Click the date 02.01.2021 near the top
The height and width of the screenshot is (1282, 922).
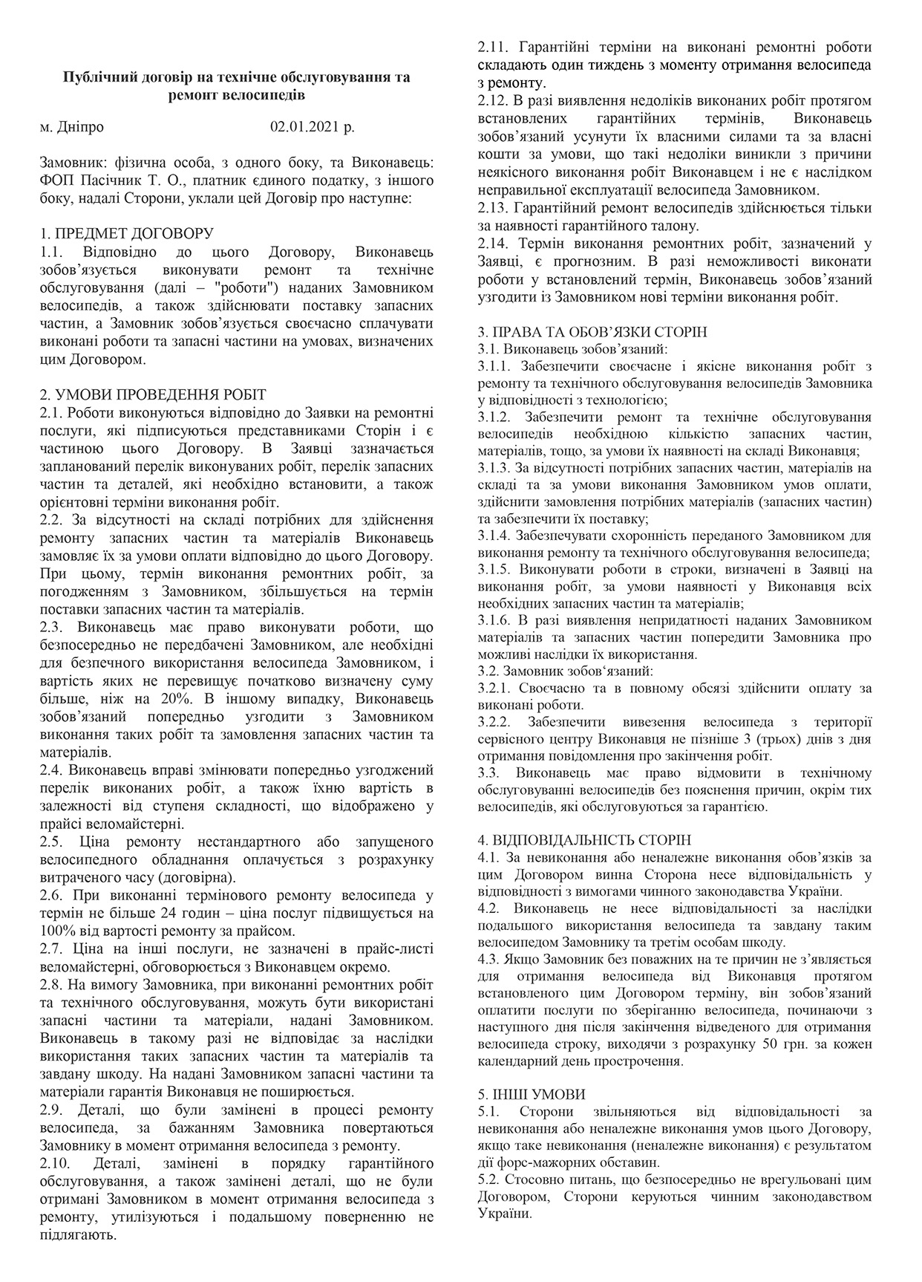coord(306,127)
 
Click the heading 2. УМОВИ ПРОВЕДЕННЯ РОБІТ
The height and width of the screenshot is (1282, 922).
coord(152,394)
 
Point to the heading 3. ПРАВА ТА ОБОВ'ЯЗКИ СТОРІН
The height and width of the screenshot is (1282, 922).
coord(592,331)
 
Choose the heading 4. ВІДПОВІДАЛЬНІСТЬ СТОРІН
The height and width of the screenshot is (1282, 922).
coord(584,840)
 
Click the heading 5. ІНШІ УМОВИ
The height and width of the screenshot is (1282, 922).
coord(532,1094)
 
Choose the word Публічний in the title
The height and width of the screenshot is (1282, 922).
coord(93,77)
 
